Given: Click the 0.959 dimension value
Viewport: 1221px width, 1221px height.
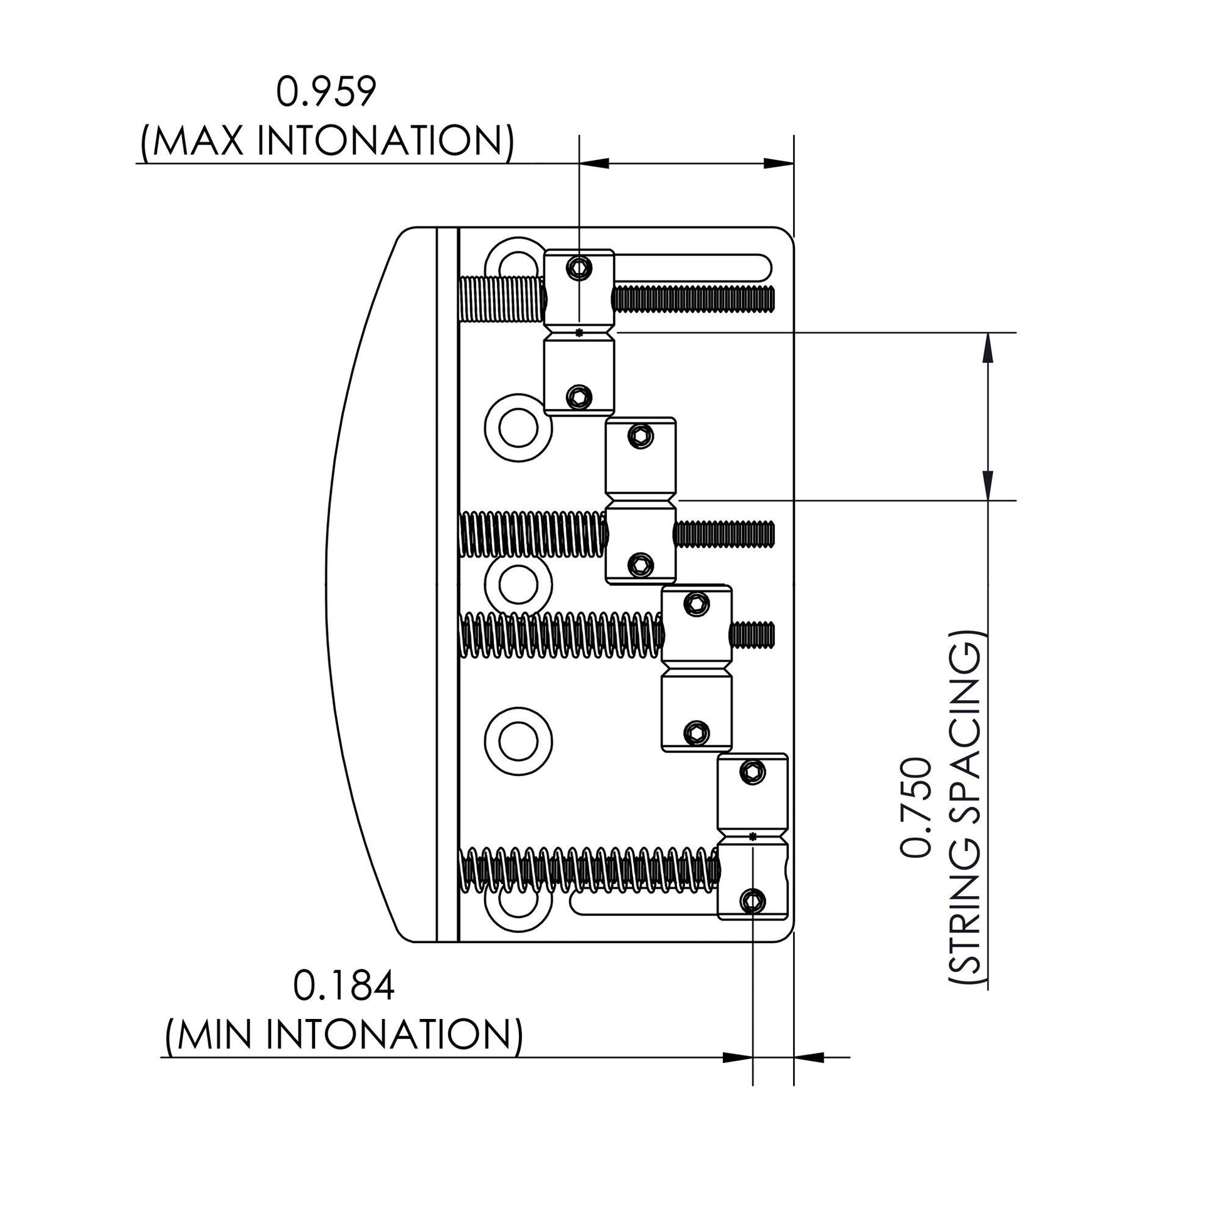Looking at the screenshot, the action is point(326,92).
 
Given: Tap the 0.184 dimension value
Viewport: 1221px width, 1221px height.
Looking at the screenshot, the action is point(344,985).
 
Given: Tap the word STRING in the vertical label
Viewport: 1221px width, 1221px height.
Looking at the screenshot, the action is point(964,893).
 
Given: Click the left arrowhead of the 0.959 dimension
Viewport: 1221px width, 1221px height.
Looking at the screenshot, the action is point(595,163).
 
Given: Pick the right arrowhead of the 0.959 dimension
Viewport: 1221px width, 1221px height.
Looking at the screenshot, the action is point(779,163).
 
